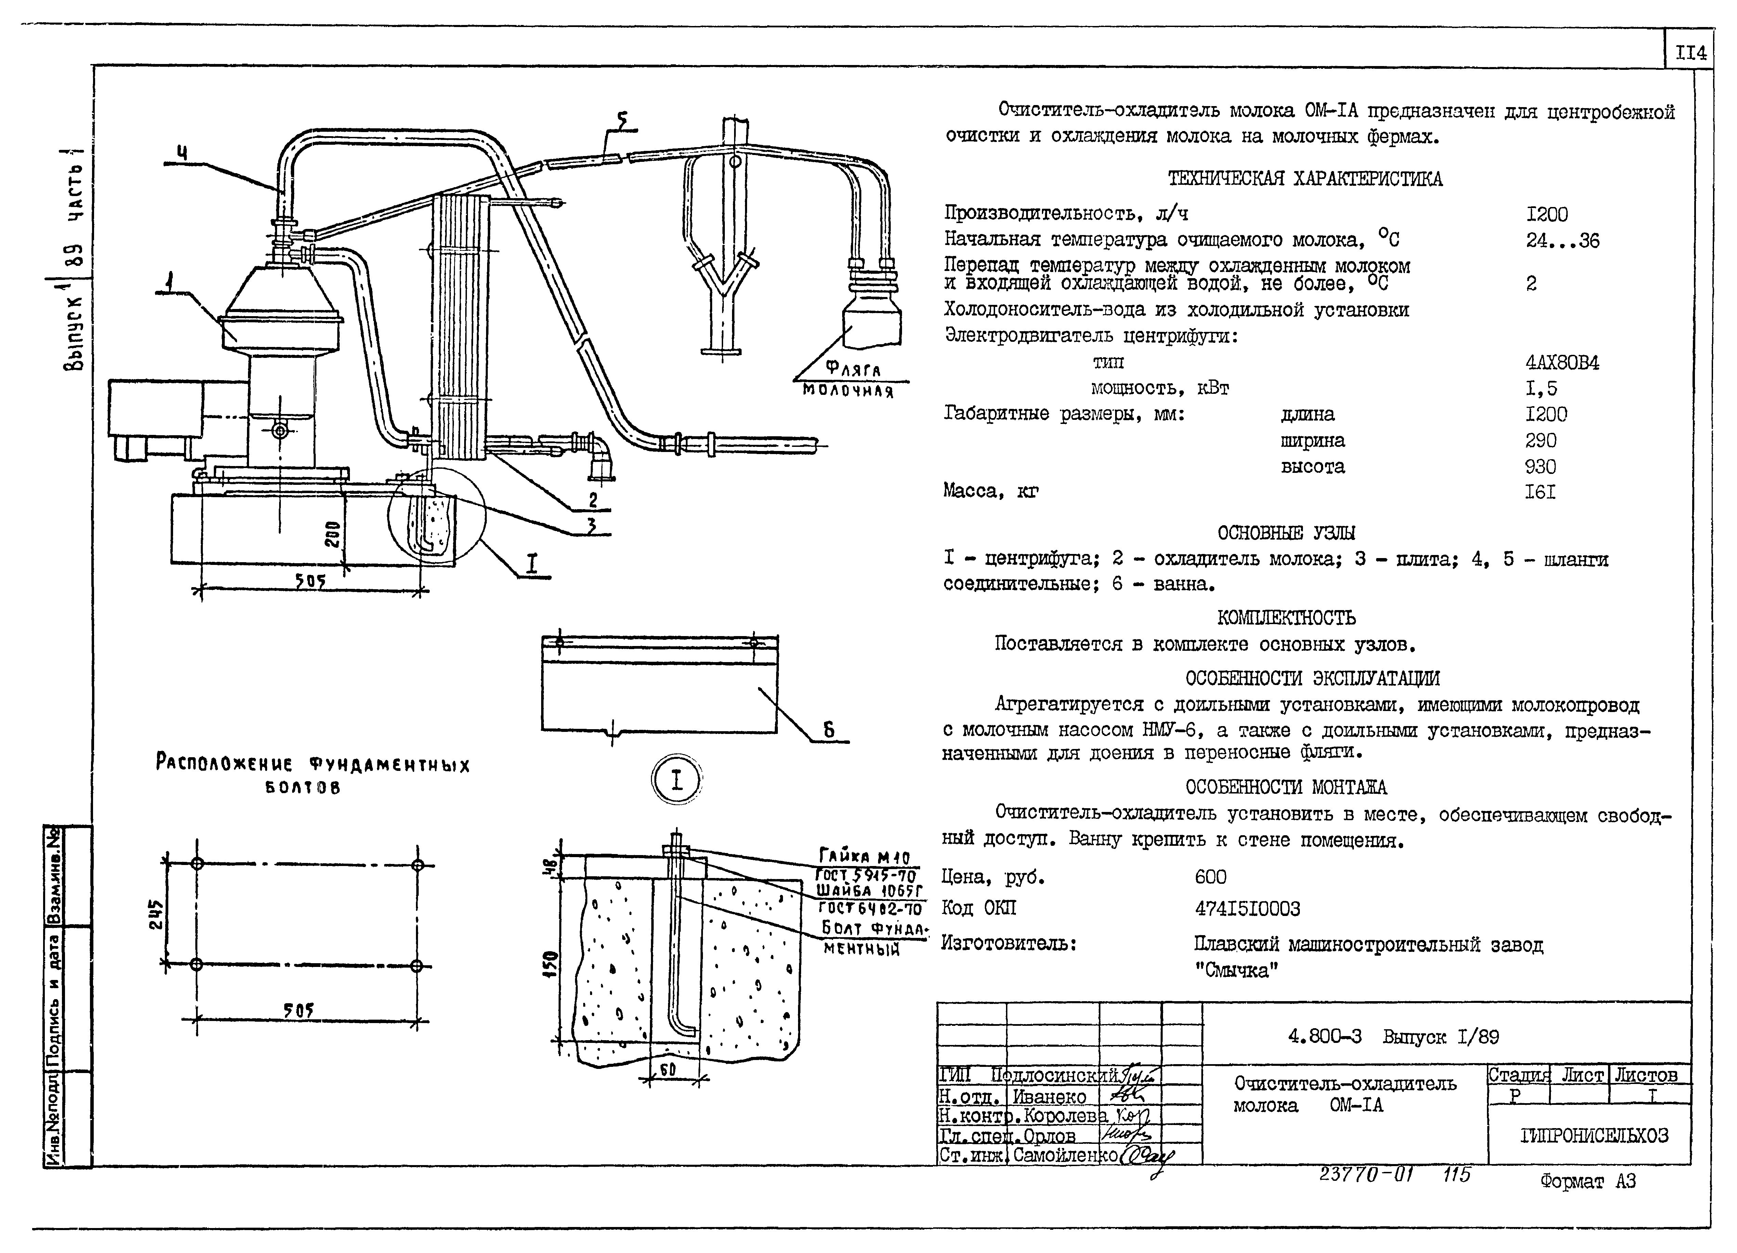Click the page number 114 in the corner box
click(x=1690, y=54)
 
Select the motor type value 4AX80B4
click(x=1562, y=362)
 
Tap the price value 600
click(x=1210, y=877)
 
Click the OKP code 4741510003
click(x=1247, y=909)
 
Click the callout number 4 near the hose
click(x=182, y=153)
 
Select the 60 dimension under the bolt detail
click(x=667, y=1070)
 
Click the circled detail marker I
click(x=676, y=780)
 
